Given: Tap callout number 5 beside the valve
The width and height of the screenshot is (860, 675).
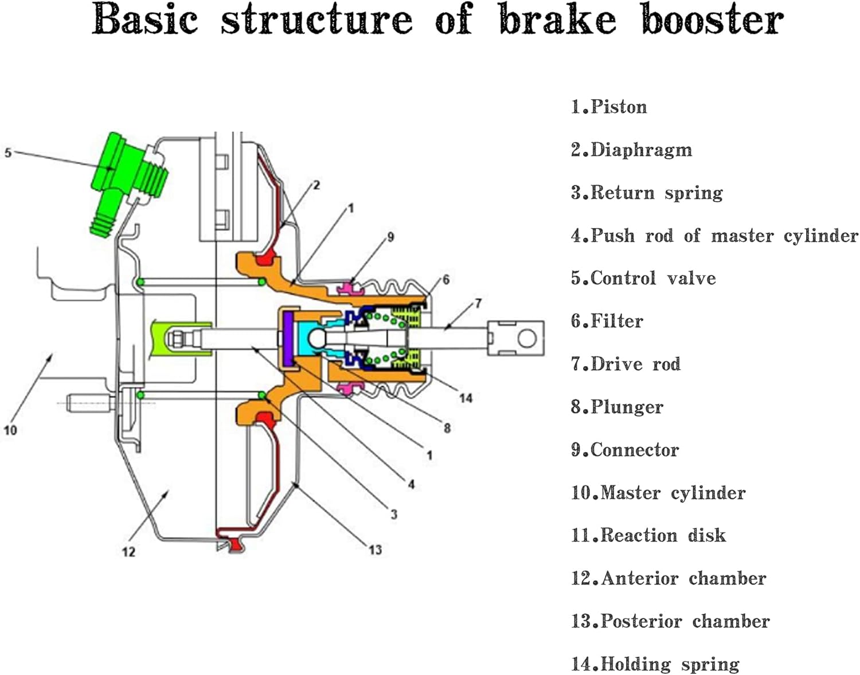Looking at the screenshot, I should tap(8, 153).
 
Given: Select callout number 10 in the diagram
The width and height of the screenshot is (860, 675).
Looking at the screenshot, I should tap(10, 430).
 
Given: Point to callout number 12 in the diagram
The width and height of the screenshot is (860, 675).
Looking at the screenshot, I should tap(128, 551).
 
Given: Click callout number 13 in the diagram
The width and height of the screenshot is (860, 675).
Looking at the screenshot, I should tap(375, 550).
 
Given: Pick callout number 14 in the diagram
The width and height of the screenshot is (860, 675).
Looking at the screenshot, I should tap(466, 398).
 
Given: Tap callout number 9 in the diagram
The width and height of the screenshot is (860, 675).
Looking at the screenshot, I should tap(390, 237).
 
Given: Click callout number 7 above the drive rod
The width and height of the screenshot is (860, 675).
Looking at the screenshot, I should tap(478, 303).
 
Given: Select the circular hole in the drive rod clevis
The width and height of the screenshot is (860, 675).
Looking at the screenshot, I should tap(527, 338).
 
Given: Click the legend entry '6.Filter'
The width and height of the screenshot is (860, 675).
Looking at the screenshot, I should tap(607, 321).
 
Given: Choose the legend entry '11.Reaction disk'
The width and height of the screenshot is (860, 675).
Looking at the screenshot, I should tap(648, 535).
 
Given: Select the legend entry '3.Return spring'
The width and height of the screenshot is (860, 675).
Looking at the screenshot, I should tap(646, 193).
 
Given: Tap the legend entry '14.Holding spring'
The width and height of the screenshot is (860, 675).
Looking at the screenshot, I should tap(655, 664).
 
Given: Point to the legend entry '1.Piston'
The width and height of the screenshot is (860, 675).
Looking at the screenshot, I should tap(608, 107).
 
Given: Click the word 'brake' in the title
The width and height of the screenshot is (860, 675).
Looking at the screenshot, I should tap(557, 19).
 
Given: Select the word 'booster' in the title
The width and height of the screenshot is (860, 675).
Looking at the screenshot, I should tap(712, 19).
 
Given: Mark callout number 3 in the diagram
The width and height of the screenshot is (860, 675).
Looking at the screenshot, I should tap(394, 514).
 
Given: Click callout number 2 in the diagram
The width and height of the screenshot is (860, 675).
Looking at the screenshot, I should tap(316, 185).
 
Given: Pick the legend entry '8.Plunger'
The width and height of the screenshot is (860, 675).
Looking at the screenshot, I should tap(616, 407).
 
